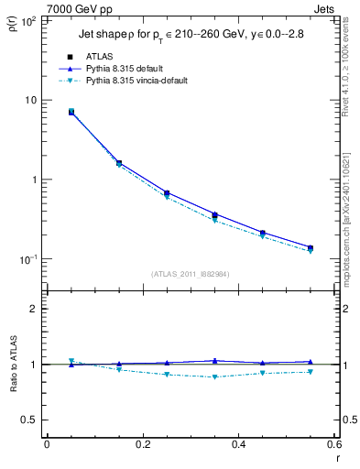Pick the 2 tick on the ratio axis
click(x=33, y=309)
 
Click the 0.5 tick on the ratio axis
click(x=29, y=420)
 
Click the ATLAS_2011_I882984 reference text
click(x=190, y=274)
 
